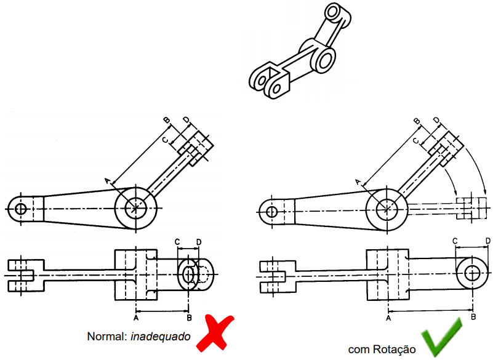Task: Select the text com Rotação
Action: tap(382, 350)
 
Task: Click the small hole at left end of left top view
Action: tap(21, 208)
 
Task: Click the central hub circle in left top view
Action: tap(135, 208)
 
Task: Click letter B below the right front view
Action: tap(473, 318)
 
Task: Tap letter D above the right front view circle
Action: tap(487, 241)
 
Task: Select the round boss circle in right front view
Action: tap(473, 273)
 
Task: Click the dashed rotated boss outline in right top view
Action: tap(471, 209)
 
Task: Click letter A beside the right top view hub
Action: tap(358, 181)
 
